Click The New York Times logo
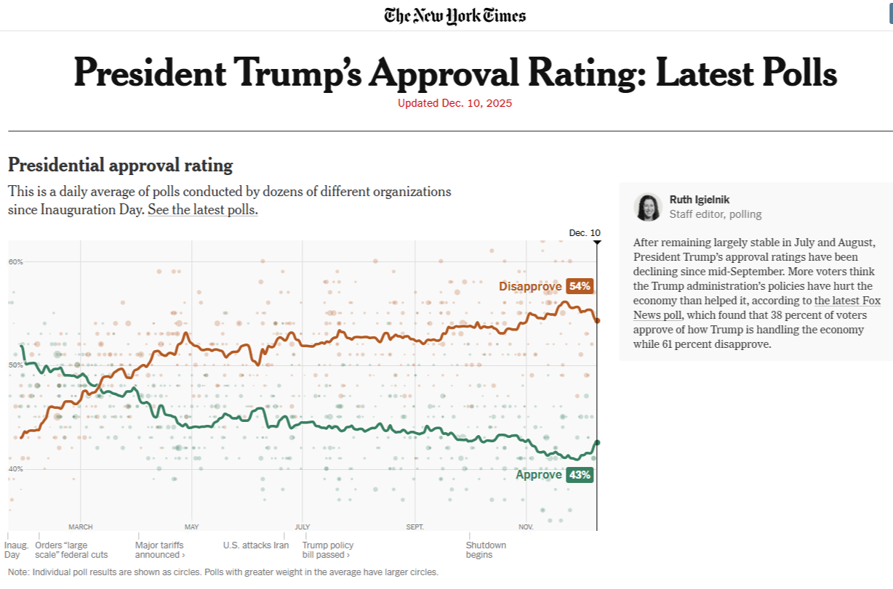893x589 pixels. [x=455, y=15]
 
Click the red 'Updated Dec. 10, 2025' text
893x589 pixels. [x=454, y=103]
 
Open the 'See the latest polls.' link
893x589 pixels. [x=203, y=210]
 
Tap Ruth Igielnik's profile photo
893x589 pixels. [x=646, y=207]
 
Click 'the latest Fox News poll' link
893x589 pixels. [x=756, y=307]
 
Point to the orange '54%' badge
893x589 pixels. [x=580, y=286]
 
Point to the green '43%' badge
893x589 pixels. [x=580, y=475]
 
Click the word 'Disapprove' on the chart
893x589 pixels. [x=530, y=286]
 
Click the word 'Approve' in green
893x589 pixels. [x=539, y=475]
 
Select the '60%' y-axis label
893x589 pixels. [x=16, y=261]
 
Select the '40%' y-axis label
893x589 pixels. [x=16, y=468]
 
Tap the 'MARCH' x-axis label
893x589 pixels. [x=81, y=527]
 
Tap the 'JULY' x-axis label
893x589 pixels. [x=302, y=527]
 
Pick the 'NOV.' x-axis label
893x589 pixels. [x=526, y=527]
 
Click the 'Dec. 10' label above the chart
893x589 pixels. [x=585, y=233]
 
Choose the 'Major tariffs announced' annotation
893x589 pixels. [x=159, y=550]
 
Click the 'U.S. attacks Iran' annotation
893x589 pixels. [x=256, y=545]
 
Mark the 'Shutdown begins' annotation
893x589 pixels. [x=486, y=550]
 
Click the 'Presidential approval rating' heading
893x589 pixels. [x=120, y=166]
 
